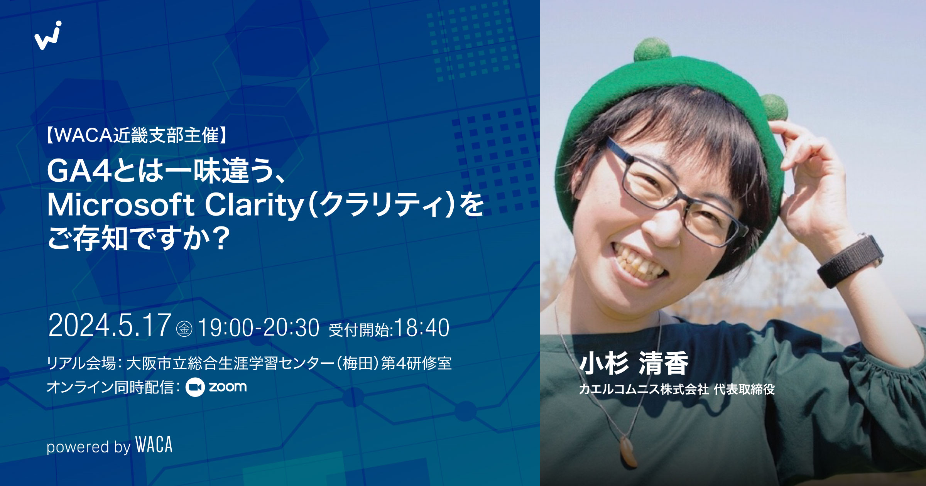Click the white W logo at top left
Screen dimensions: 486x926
coord(48,35)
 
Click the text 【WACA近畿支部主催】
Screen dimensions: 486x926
coord(137,135)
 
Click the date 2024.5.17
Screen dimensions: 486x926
coord(110,326)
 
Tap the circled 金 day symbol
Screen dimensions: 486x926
coord(184,329)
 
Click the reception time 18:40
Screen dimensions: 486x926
coord(422,328)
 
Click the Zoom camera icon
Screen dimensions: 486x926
coord(195,387)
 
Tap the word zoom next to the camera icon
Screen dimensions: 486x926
coord(228,386)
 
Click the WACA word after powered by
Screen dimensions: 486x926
coord(154,445)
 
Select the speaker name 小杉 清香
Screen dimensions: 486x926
coord(634,363)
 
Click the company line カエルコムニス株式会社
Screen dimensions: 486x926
coord(644,389)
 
